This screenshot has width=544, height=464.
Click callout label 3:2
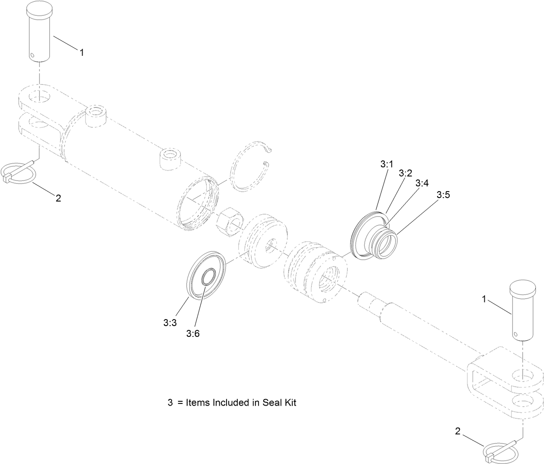coord(405,173)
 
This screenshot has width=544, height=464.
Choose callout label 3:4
coord(422,183)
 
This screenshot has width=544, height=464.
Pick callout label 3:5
coord(443,195)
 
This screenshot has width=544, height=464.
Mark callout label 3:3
coord(170,322)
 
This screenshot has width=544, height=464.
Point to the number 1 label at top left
coord(82,52)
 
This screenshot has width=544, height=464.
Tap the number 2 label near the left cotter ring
coord(58,198)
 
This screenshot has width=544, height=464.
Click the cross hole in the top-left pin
coord(33,55)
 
